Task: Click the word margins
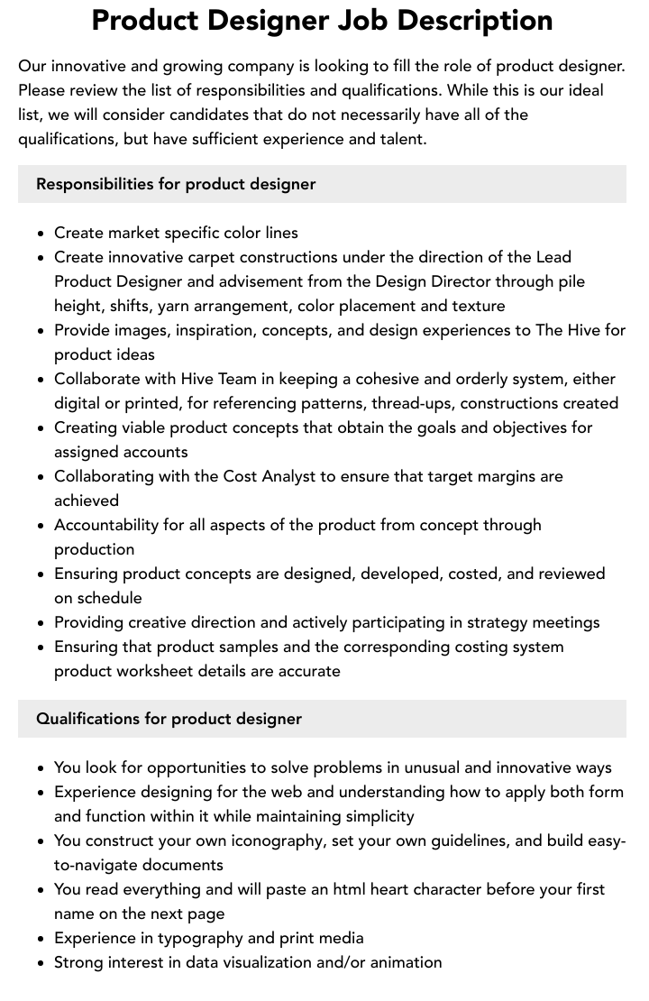(x=503, y=476)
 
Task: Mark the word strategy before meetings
(x=499, y=622)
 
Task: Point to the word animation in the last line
(x=403, y=962)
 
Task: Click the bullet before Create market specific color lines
(x=41, y=234)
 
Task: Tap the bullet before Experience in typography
(x=41, y=939)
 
